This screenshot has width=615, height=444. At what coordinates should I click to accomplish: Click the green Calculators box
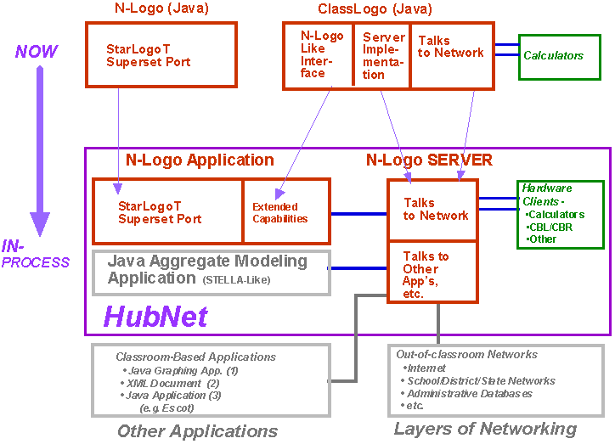(553, 56)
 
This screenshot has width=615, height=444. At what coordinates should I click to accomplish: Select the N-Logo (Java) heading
(161, 9)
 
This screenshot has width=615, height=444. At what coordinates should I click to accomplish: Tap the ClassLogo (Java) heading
(375, 9)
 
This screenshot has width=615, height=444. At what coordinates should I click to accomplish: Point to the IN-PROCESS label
(35, 254)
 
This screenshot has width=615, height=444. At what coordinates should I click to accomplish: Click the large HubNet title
(155, 317)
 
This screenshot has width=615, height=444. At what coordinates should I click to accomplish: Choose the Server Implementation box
(381, 55)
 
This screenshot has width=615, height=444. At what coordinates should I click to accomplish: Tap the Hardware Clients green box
(560, 213)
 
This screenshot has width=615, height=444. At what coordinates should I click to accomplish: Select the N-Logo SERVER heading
(429, 160)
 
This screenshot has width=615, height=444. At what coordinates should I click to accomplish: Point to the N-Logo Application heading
(200, 160)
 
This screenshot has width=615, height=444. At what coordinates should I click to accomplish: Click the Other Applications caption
(196, 430)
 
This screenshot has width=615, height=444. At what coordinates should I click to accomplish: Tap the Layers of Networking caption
(485, 429)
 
